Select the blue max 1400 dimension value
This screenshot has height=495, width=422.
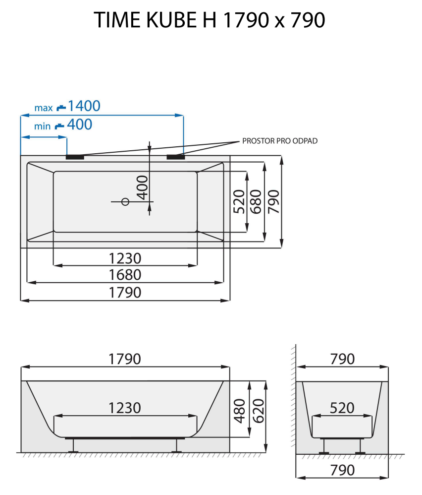tap(84, 106)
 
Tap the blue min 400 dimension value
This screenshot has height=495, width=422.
tap(79, 124)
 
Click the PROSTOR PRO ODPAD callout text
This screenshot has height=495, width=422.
tap(279, 141)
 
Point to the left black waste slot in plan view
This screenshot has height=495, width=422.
tap(75, 157)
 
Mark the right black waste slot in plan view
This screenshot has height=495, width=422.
tap(176, 157)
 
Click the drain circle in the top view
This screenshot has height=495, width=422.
tap(125, 201)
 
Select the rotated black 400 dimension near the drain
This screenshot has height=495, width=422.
tap(142, 187)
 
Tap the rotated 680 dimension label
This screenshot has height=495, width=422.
tap(256, 201)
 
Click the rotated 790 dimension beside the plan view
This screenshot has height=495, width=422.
tap(273, 201)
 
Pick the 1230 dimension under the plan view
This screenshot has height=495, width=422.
tap(125, 258)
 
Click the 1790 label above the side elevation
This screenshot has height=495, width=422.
tap(125, 359)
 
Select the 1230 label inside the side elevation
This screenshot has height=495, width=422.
tap(125, 408)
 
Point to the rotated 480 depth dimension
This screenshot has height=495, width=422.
tap(240, 410)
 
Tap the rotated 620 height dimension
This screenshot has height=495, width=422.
tap(258, 410)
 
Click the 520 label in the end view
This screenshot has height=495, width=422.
tap(342, 408)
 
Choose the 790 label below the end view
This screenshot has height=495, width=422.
tap(342, 469)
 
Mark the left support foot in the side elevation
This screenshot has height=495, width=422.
tap(74, 445)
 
